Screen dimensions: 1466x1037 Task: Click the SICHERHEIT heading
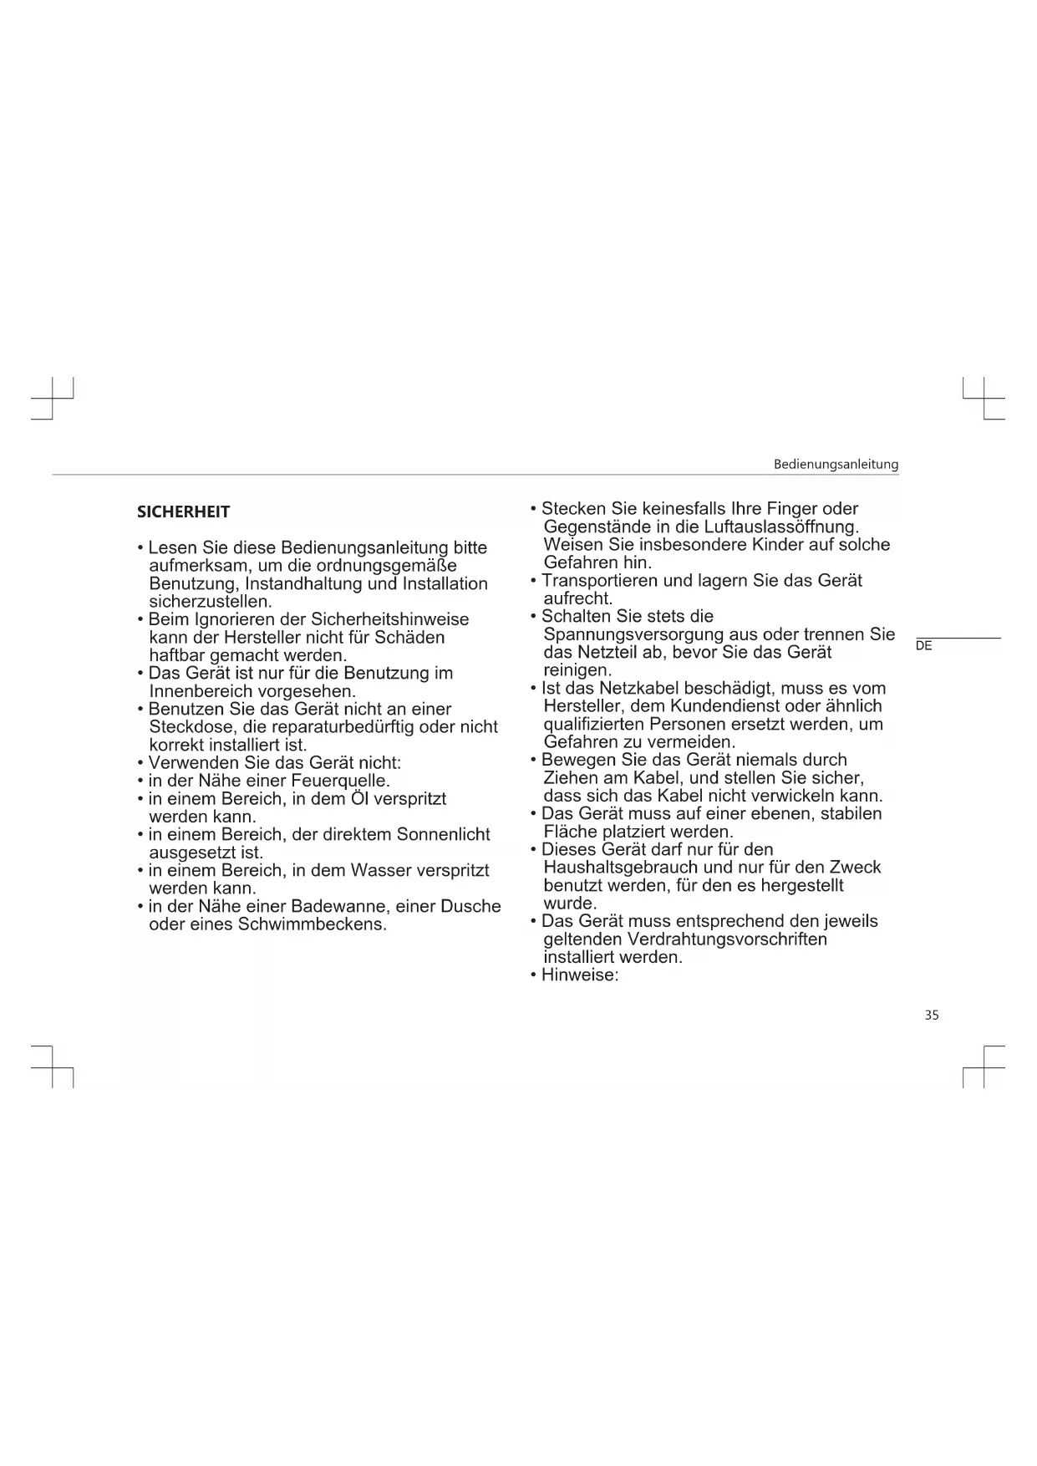pyautogui.click(x=183, y=512)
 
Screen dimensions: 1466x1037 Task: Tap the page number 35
pyautogui.click(x=932, y=1015)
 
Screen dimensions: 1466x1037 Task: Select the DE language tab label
pyautogui.click(x=923, y=646)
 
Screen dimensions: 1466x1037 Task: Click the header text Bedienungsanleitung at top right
pyautogui.click(x=836, y=464)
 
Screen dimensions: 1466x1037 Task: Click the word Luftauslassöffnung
pyautogui.click(x=781, y=527)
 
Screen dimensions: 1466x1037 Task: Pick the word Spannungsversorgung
pyautogui.click(x=633, y=634)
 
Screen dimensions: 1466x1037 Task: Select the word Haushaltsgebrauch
pyautogui.click(x=624, y=868)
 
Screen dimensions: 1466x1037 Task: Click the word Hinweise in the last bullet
pyautogui.click(x=579, y=975)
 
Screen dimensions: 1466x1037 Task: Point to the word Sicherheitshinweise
pyautogui.click(x=389, y=619)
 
